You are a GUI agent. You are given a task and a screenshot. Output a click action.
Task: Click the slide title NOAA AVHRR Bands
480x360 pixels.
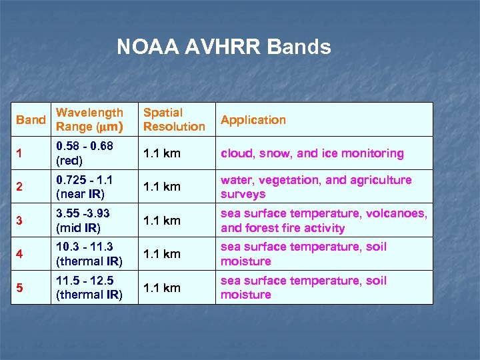point(223,47)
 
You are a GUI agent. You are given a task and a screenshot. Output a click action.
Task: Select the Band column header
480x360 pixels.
point(31,120)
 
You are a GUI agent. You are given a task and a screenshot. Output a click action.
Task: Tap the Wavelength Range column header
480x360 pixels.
point(90,119)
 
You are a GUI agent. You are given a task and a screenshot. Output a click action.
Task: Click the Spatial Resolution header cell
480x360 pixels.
point(174,119)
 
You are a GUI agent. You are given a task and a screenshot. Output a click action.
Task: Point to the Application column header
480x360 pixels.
point(253,120)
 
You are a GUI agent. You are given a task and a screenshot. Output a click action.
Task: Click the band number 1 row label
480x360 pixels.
point(19,153)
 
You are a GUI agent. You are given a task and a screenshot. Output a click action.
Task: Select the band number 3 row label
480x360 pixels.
point(19,221)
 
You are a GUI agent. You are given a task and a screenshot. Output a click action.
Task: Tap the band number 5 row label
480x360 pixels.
point(19,288)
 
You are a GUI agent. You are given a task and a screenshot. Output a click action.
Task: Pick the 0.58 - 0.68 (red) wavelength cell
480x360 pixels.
point(85,153)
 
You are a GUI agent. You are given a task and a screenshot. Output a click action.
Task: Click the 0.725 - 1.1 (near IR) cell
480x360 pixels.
point(85,187)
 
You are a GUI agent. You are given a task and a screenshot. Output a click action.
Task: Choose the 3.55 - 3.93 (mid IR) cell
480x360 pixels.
point(83,221)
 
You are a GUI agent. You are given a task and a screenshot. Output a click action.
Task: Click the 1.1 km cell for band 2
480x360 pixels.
point(162,187)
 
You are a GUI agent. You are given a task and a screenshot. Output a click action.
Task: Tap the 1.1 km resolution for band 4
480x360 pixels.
point(162,254)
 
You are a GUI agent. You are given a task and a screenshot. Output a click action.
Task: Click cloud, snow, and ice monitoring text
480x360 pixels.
point(312,153)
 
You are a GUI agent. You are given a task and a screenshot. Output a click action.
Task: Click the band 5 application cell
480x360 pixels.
point(303,287)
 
